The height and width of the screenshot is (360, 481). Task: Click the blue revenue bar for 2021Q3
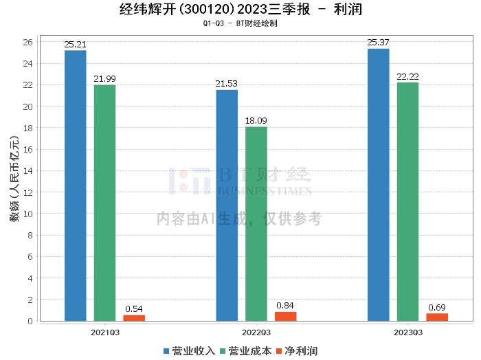pyautogui.click(x=76, y=185)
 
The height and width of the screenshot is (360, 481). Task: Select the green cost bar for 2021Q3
pyautogui.click(x=104, y=203)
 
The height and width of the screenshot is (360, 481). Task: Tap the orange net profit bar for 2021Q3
pyautogui.click(x=134, y=318)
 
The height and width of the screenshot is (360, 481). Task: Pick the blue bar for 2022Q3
pyautogui.click(x=227, y=205)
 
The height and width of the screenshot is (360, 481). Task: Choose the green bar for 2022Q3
pyautogui.click(x=256, y=224)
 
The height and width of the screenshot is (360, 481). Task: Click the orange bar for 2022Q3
pyautogui.click(x=285, y=316)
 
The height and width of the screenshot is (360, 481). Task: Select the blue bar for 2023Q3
pyautogui.click(x=378, y=185)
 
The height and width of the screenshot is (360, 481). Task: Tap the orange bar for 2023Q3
pyautogui.click(x=436, y=317)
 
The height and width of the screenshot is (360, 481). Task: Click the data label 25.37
pyautogui.click(x=378, y=43)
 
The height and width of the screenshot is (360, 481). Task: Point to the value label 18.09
pyautogui.click(x=256, y=121)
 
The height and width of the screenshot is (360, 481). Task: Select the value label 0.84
pyautogui.click(x=285, y=305)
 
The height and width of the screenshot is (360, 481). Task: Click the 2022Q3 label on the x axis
pyautogui.click(x=256, y=331)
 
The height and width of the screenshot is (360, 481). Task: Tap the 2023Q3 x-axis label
pyautogui.click(x=407, y=331)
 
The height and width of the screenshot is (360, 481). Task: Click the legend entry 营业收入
pyautogui.click(x=189, y=351)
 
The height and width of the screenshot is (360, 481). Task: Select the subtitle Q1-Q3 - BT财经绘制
pyautogui.click(x=240, y=23)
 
